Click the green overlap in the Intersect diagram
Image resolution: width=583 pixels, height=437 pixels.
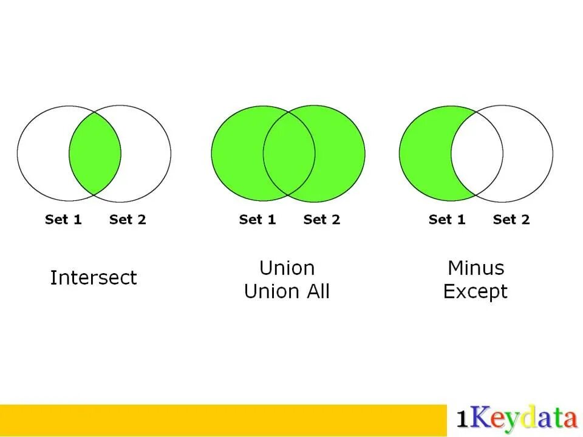click(x=95, y=153)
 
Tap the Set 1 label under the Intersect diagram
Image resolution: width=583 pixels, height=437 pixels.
click(x=63, y=220)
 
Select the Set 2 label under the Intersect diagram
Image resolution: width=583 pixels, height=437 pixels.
click(x=128, y=220)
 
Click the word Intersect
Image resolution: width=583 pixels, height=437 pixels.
click(x=94, y=278)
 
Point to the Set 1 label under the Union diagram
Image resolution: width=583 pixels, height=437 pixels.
click(x=257, y=220)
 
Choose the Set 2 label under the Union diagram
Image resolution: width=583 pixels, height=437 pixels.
click(x=322, y=220)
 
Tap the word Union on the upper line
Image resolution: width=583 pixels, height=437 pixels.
click(x=287, y=268)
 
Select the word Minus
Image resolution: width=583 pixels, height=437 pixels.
click(x=476, y=268)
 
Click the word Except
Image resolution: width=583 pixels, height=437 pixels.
click(x=475, y=292)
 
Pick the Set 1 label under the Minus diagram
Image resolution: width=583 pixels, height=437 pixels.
click(x=447, y=220)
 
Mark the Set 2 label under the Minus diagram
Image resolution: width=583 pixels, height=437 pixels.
click(x=511, y=220)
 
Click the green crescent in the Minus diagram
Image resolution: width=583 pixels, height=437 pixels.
click(x=424, y=153)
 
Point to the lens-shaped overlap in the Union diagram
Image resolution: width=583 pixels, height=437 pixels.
click(x=289, y=153)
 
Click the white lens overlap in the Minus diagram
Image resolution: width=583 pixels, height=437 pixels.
click(x=477, y=153)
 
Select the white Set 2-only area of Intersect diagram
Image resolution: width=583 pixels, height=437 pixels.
click(x=146, y=153)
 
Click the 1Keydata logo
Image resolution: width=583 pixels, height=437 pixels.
click(x=516, y=419)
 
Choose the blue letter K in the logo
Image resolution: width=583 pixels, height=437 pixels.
click(x=479, y=419)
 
